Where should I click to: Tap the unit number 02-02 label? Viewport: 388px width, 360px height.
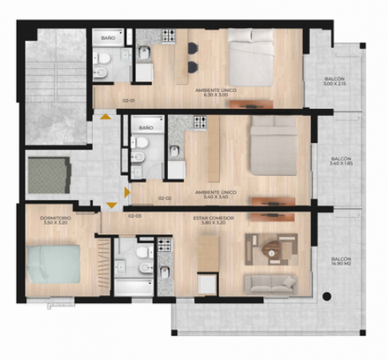(166, 198)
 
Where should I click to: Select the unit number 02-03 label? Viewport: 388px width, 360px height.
(134, 216)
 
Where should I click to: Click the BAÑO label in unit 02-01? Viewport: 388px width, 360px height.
(107, 38)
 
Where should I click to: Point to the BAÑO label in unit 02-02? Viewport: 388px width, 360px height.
(145, 128)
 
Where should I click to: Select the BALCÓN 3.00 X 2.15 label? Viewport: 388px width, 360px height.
(334, 80)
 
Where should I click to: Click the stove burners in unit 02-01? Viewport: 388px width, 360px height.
(169, 36)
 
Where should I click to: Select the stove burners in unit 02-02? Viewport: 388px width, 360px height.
(199, 122)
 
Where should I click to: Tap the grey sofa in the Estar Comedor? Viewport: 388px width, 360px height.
(270, 283)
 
